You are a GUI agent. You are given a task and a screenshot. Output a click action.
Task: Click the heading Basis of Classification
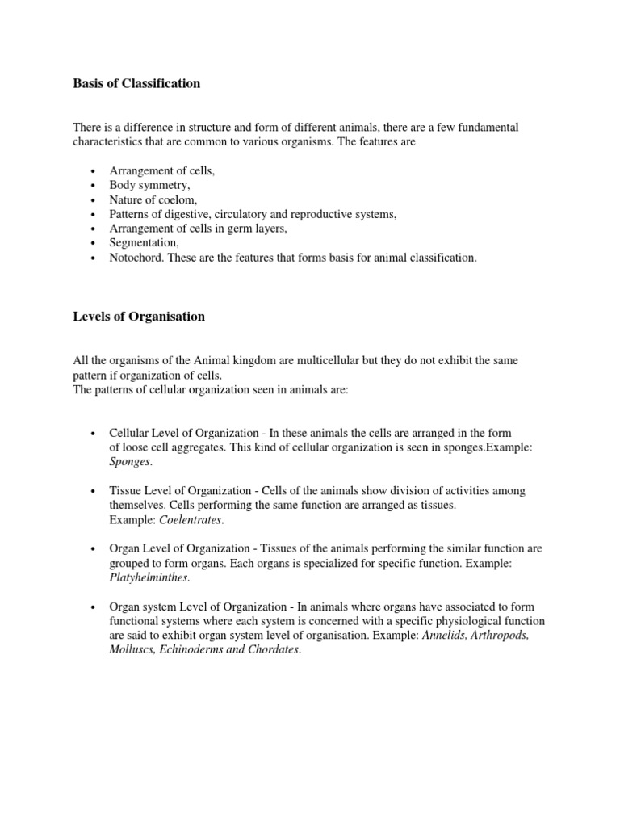click(136, 84)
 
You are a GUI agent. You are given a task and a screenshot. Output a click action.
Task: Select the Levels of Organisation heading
click(139, 317)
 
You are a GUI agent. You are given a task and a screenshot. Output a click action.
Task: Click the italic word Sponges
click(129, 462)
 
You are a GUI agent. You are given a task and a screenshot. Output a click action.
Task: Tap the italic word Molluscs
click(132, 650)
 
